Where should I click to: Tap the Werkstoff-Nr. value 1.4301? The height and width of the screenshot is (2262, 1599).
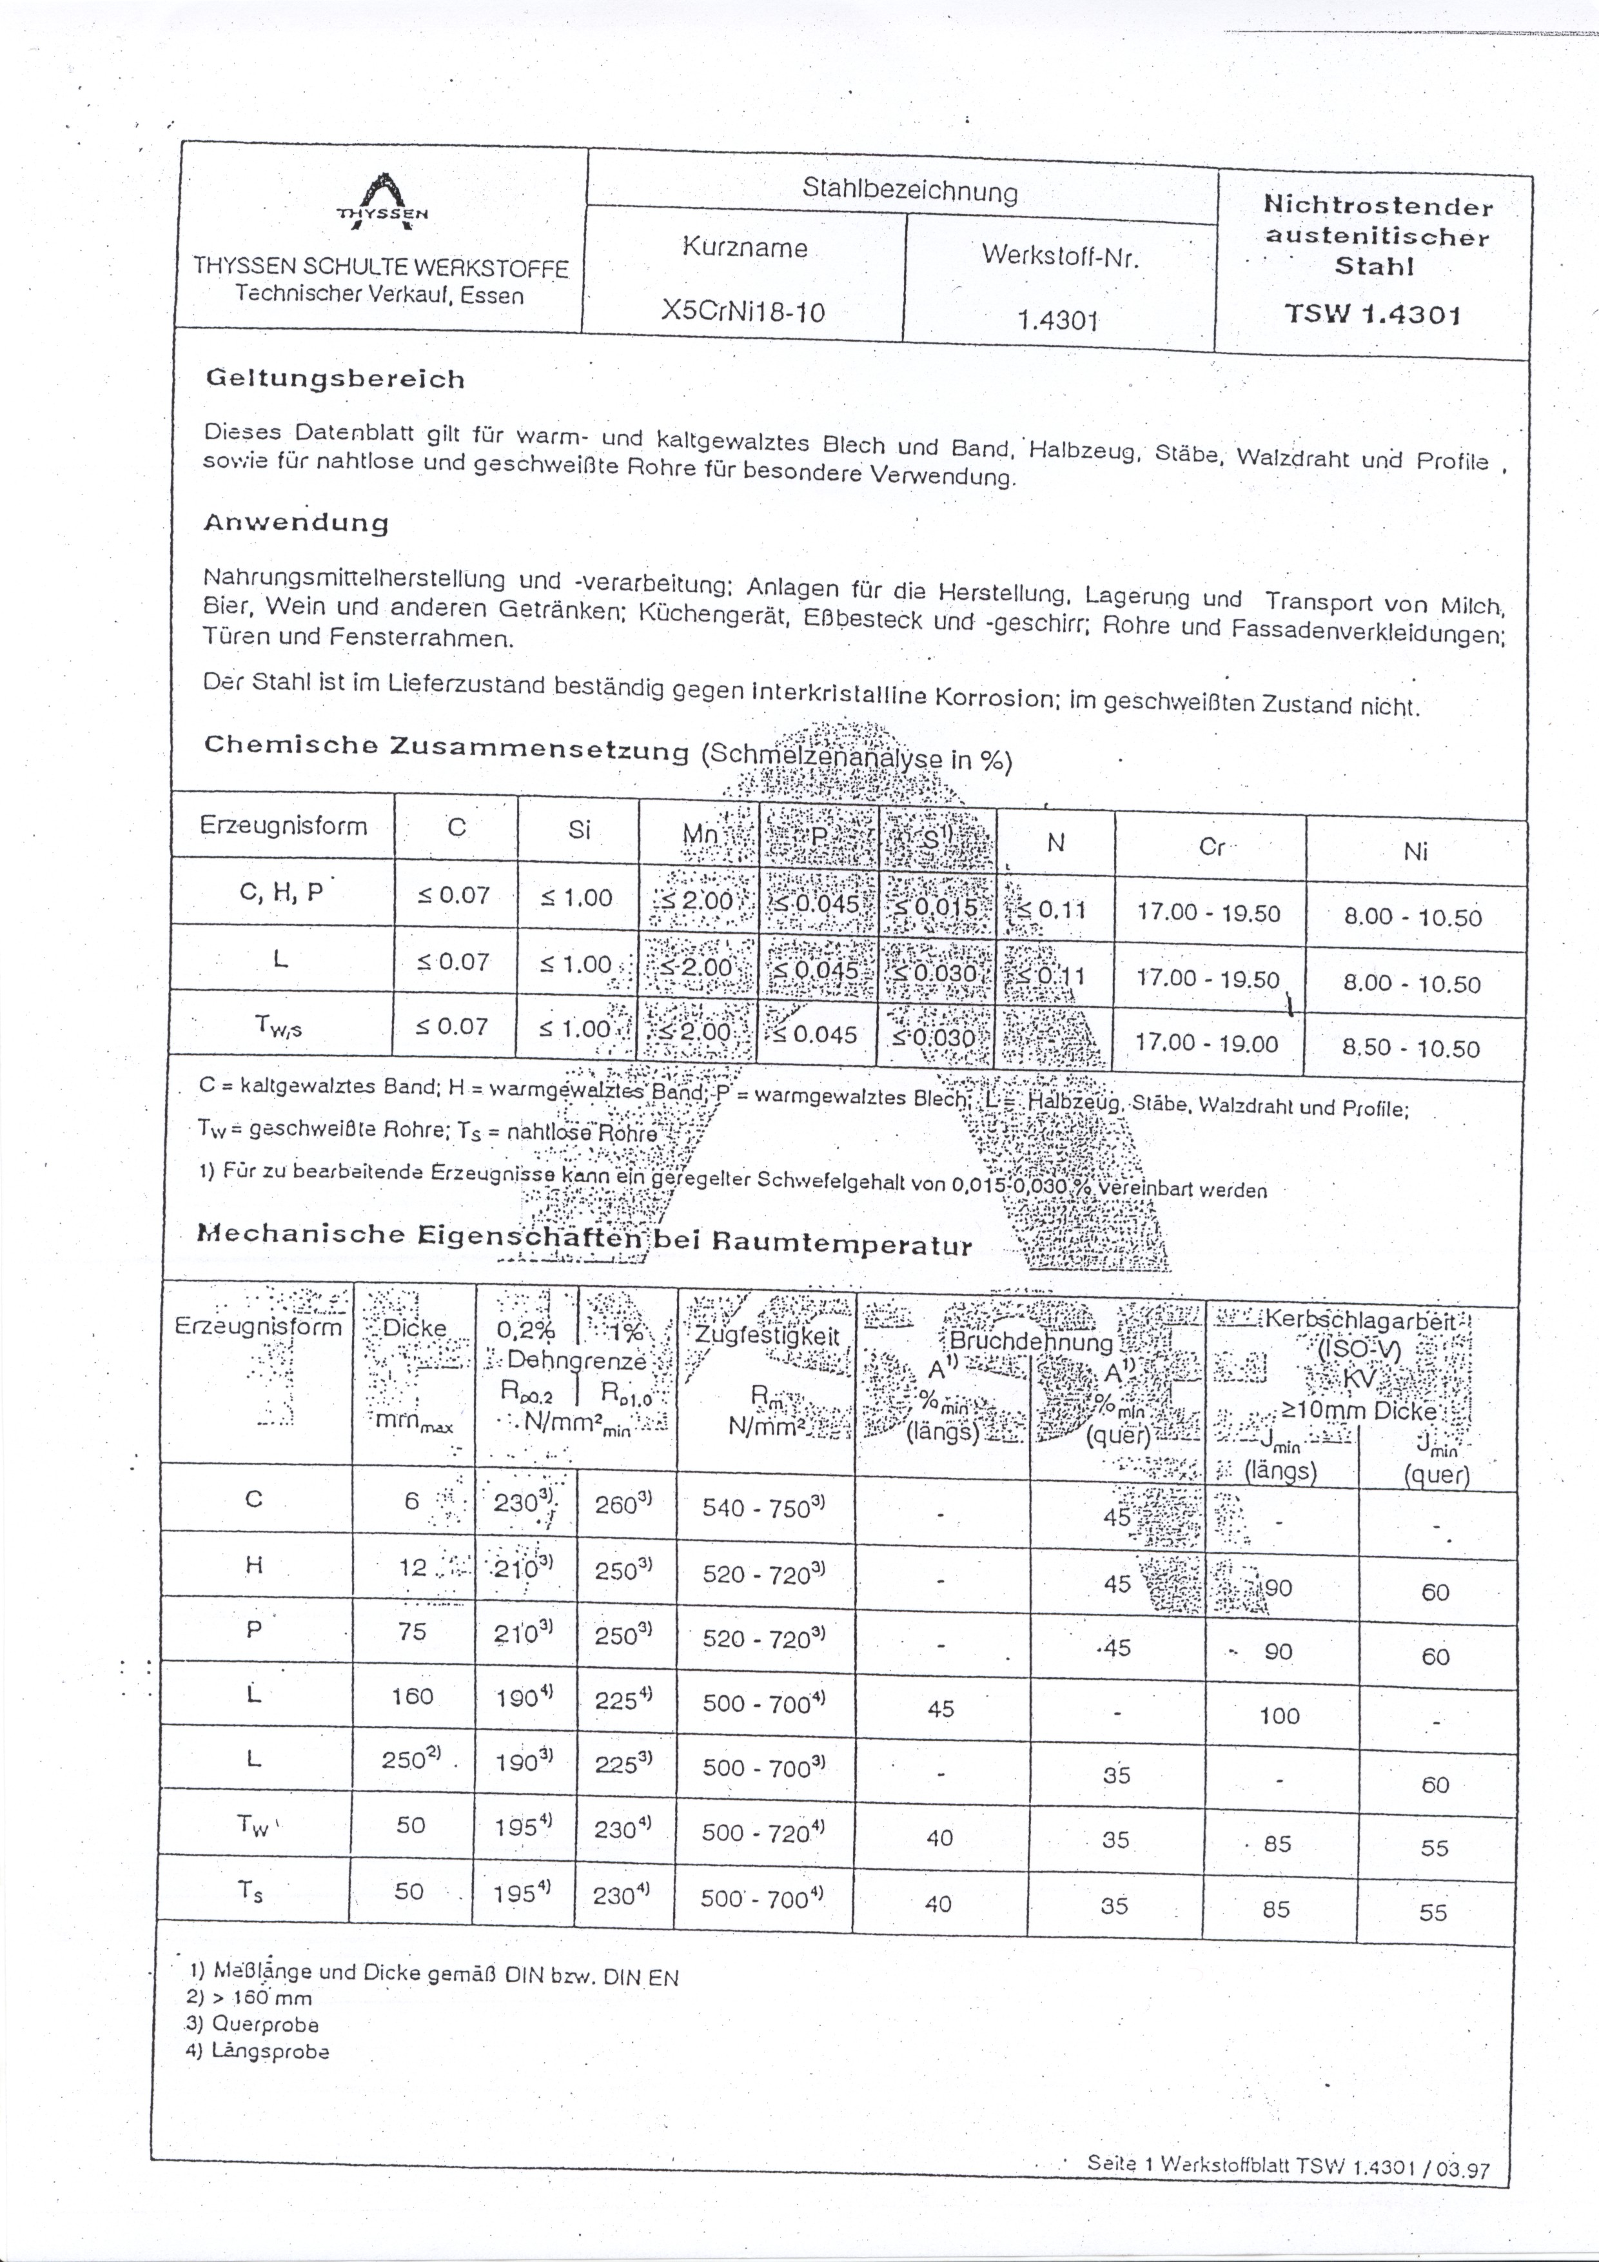pyautogui.click(x=1057, y=319)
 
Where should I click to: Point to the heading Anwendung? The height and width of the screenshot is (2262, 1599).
pyautogui.click(x=295, y=522)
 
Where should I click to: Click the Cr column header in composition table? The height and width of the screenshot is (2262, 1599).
pyautogui.click(x=1211, y=846)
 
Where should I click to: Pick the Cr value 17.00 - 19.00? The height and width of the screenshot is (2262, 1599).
pyautogui.click(x=1208, y=1042)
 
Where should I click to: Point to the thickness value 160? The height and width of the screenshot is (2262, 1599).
pyautogui.click(x=412, y=1695)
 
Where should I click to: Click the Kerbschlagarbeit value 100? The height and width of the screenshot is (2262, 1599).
pyautogui.click(x=1279, y=1716)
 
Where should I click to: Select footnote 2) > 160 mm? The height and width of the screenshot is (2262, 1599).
pyautogui.click(x=250, y=1998)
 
